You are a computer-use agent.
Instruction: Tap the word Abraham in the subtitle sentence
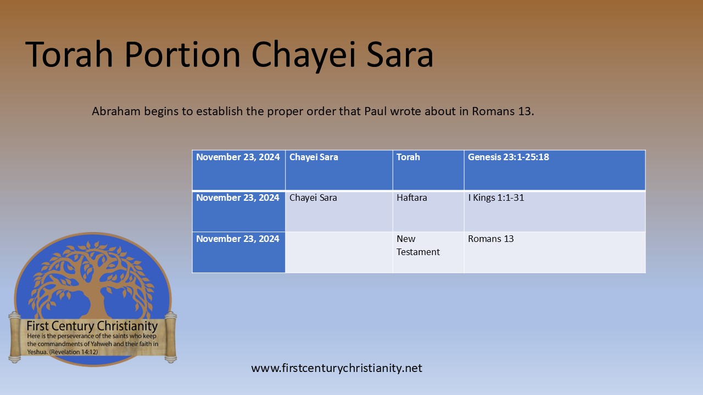coord(115,111)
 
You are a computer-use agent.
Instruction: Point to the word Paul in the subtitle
coord(377,111)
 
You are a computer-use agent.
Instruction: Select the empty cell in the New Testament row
coord(339,252)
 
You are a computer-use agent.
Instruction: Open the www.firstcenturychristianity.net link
coord(337,368)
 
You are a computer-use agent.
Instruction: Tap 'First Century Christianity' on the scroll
coord(92,326)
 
